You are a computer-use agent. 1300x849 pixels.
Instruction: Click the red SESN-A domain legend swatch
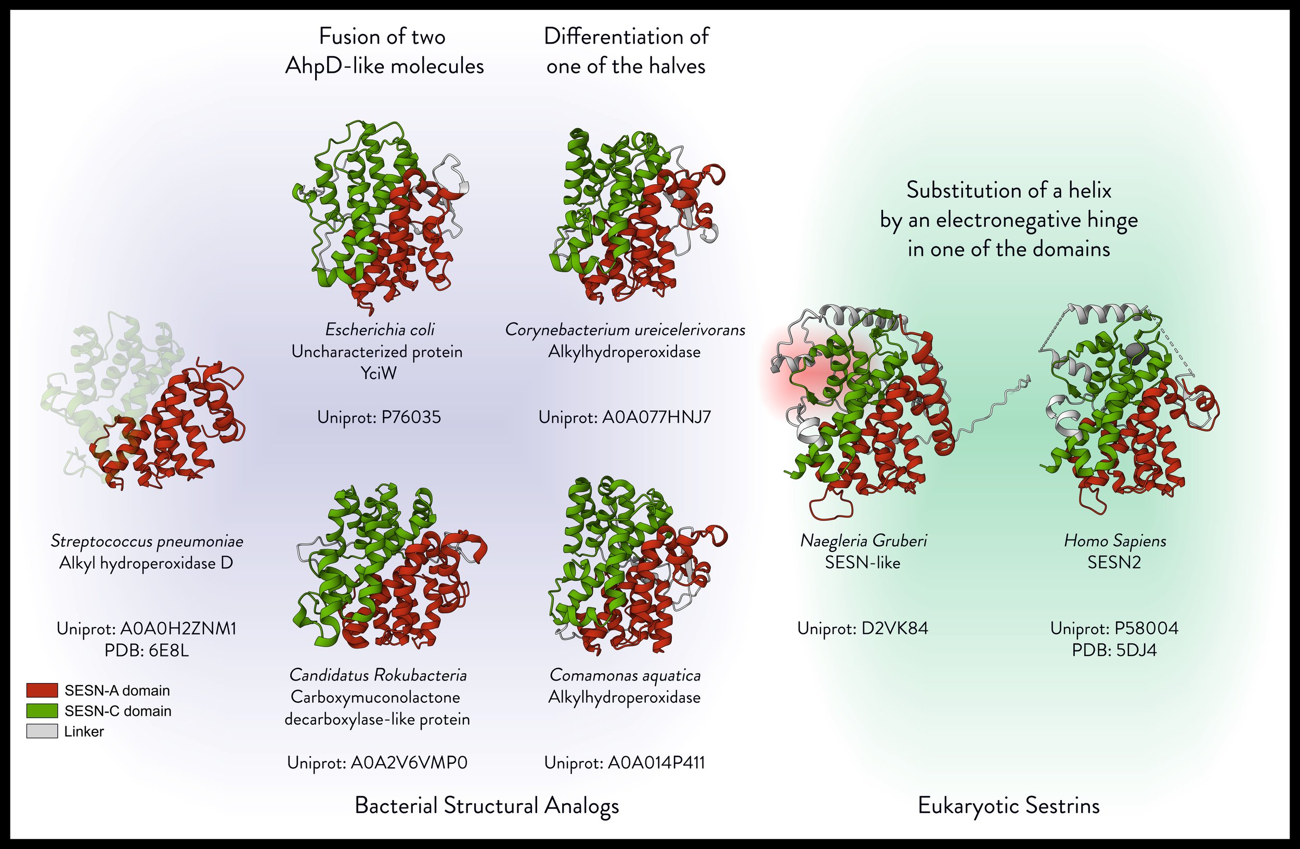(42, 690)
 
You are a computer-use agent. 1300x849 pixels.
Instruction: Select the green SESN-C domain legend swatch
(42, 711)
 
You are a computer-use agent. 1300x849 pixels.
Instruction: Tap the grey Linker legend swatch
(42, 731)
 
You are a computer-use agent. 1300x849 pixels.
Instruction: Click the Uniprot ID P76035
(411, 417)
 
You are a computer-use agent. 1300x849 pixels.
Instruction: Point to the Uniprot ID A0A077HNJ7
(656, 417)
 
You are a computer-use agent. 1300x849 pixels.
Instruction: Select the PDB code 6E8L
(168, 651)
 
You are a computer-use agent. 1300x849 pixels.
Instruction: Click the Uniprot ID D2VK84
(894, 628)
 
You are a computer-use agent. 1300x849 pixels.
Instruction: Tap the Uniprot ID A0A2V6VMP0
(409, 763)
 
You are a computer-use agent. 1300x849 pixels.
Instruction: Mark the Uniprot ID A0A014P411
(656, 763)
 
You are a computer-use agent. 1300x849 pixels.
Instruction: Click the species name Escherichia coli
(380, 329)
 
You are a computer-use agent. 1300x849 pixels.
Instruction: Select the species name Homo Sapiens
(1115, 541)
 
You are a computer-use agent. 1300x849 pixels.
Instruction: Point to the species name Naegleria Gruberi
(863, 541)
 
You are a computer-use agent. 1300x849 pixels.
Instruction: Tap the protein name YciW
(379, 374)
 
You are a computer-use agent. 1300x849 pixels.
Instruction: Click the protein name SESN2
(1114, 563)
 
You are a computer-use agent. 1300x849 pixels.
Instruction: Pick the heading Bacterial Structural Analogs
(487, 806)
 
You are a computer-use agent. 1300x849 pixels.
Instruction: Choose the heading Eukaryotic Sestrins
(1008, 806)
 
